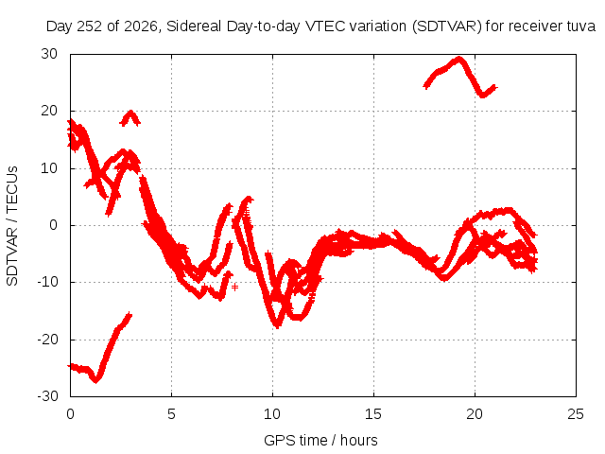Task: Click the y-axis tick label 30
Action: [49, 54]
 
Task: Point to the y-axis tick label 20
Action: [49, 112]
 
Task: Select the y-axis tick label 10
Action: [49, 168]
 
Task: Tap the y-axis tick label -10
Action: [47, 282]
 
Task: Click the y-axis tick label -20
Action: [47, 340]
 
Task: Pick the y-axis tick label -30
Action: [47, 396]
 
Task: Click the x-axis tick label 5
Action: [171, 414]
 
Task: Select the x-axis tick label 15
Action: [373, 414]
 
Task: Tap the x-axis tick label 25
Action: [576, 414]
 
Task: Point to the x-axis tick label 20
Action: [475, 414]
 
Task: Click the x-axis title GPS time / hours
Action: [320, 441]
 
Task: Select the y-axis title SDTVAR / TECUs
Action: [12, 226]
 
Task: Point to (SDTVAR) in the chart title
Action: [446, 26]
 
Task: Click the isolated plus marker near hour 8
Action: [234, 287]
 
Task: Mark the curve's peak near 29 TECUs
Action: [458, 59]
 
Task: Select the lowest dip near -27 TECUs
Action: [95, 380]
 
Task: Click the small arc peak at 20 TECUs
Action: [130, 113]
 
